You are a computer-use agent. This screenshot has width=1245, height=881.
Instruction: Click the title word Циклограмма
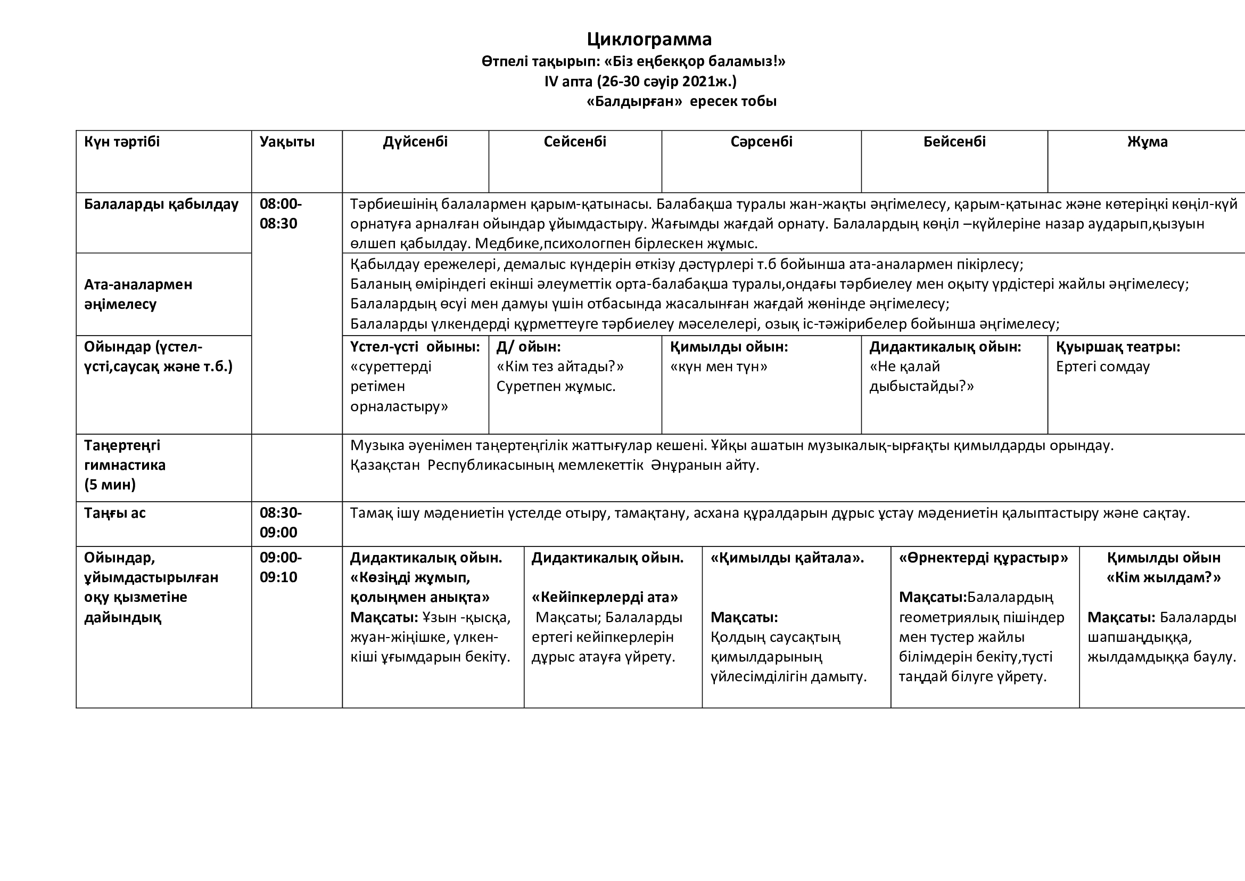(x=649, y=39)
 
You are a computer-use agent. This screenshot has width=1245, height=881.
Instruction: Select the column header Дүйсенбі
(x=415, y=142)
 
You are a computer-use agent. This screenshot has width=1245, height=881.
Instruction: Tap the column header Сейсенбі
(x=575, y=142)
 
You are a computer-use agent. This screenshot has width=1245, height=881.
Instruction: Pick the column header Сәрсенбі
(x=761, y=142)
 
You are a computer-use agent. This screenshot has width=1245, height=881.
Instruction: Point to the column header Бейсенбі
(x=954, y=142)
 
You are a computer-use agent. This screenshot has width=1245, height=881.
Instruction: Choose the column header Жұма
(x=1148, y=142)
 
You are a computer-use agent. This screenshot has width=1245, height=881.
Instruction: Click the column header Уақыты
(x=287, y=142)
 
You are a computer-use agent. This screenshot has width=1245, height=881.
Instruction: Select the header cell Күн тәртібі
(x=122, y=142)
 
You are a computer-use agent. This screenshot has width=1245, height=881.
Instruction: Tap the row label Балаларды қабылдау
(x=161, y=205)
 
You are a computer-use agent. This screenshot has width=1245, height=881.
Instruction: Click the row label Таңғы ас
(x=115, y=512)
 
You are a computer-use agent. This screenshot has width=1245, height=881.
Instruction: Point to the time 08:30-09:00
(x=281, y=523)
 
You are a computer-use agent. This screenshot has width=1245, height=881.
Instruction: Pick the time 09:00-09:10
(x=281, y=567)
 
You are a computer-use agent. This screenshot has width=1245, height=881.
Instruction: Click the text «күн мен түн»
(x=719, y=366)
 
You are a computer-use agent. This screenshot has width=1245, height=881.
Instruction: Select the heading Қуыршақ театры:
(x=1118, y=347)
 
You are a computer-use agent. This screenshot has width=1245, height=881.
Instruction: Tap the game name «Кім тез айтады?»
(x=560, y=366)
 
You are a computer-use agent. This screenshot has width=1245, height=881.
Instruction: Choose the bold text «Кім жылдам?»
(x=1163, y=577)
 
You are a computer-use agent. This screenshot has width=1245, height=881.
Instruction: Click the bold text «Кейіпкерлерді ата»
(x=605, y=597)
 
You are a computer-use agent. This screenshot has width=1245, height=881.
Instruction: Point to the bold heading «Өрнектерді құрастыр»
(x=983, y=558)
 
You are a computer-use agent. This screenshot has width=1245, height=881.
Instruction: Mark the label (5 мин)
(x=110, y=484)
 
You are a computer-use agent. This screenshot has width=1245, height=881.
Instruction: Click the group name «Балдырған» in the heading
(x=634, y=101)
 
